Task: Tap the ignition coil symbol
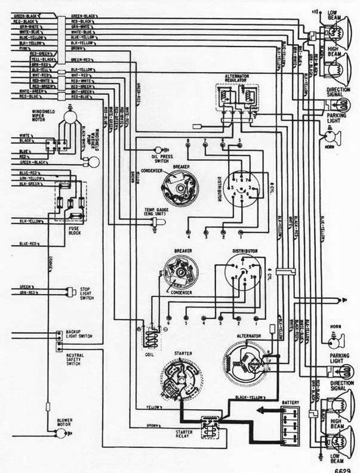[150, 338]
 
